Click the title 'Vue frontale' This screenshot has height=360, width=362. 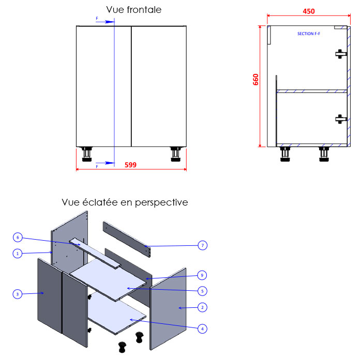coord(133,10)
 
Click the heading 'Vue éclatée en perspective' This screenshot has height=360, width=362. coord(125,202)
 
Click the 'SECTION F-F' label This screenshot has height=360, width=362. coord(309,34)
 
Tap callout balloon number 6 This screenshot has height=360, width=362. coord(18,237)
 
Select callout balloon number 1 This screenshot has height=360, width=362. coord(18,254)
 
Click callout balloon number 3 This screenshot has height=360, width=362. coord(18,294)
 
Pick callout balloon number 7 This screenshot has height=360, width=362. coord(203,245)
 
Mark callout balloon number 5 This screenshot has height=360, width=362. coord(203,290)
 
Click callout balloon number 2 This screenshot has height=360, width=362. coord(203,307)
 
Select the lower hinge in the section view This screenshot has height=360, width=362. coord(339,119)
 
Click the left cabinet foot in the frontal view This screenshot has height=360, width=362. coord(86,153)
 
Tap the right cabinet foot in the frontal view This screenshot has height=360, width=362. coord(174,153)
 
